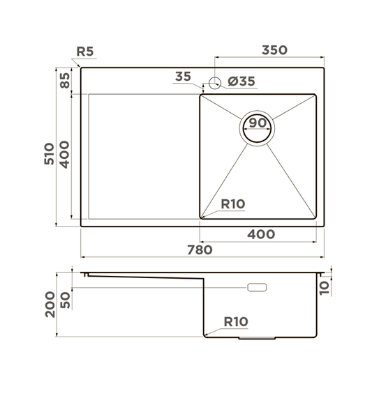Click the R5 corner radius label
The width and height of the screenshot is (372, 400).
85,52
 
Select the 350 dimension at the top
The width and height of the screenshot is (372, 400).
274,50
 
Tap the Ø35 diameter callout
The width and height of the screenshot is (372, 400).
241,82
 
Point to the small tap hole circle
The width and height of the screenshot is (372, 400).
215,83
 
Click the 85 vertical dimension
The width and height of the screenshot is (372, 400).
65,80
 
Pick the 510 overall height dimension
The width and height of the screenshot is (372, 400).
49,154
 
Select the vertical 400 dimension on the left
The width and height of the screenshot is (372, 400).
64,155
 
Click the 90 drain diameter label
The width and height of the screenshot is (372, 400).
258,123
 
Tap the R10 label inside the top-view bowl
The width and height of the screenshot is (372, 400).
232,204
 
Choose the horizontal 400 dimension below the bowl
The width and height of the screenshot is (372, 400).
261,234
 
